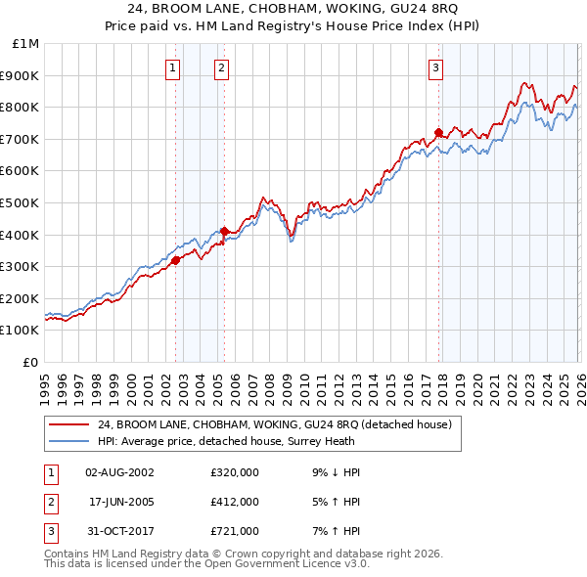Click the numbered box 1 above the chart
pos(173,68)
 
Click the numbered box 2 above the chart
pos(222,68)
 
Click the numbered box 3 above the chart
pos(435,68)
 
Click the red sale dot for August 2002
pos(176,260)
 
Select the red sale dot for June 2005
pos(225,231)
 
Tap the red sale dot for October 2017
pos(438,132)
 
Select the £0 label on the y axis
pos(30,362)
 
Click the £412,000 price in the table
pos(235,502)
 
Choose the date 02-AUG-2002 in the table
pos(119,472)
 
